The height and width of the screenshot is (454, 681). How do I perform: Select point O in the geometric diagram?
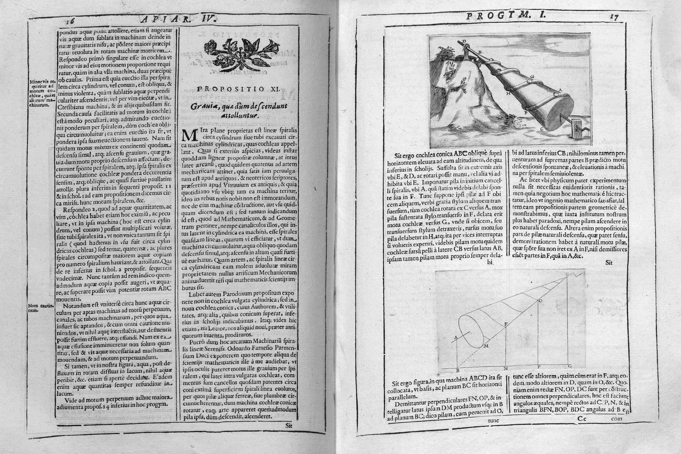[x=540, y=300]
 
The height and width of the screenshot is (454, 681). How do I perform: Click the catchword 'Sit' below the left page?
[x=290, y=425]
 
